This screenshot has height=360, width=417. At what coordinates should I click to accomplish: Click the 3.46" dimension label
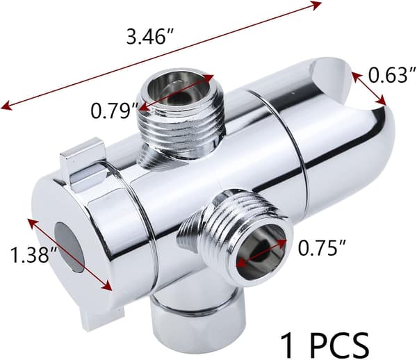point(150,37)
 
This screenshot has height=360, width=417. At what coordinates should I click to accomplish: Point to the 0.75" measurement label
point(322,247)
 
